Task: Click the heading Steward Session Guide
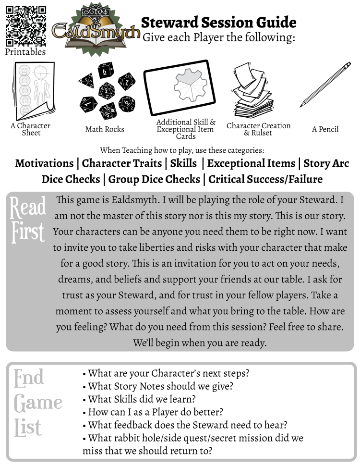pos(218,22)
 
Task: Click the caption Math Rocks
pos(105,129)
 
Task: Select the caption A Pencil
pos(325,129)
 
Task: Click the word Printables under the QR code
pos(25,52)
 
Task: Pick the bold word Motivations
pos(44,163)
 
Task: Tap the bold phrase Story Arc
pos(326,163)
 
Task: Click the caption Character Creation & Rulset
pos(258,129)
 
